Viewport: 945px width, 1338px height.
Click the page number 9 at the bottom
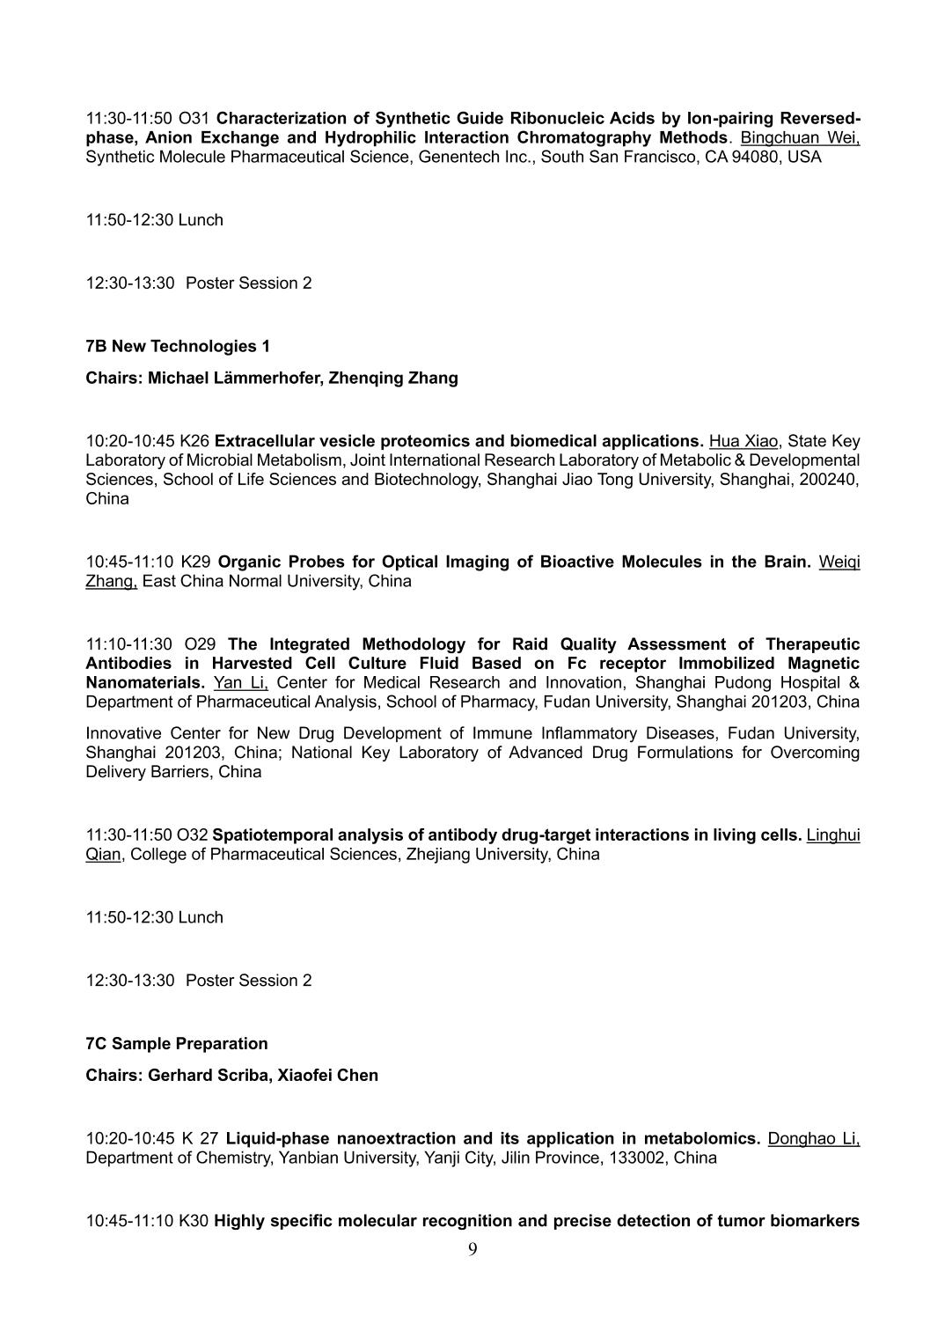472,1250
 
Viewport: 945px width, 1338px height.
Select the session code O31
194,118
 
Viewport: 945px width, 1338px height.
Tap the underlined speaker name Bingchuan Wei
800,137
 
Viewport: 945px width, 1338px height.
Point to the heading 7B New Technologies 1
178,346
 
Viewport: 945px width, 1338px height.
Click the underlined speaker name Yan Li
240,682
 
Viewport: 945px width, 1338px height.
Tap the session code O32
193,834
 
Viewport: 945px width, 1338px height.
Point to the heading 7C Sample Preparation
177,1043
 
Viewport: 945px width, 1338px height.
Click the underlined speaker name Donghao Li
813,1138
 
